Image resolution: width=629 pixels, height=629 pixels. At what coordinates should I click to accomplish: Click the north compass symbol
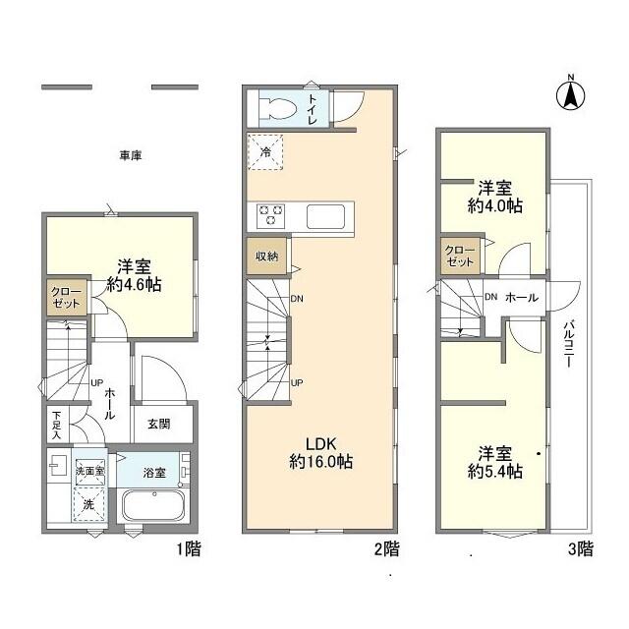570,94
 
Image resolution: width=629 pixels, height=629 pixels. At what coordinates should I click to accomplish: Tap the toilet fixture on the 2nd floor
277,107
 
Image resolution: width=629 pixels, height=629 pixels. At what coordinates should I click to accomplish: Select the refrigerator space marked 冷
265,152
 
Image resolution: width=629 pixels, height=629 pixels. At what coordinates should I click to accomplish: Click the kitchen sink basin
325,216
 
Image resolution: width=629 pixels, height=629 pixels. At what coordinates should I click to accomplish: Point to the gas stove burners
271,215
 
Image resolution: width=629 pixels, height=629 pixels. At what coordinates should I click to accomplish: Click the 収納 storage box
266,257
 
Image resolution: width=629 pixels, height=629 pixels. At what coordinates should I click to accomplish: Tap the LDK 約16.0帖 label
321,453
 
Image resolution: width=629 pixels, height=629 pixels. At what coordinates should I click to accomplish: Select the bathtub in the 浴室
153,505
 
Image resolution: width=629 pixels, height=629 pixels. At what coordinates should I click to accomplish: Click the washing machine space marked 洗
89,504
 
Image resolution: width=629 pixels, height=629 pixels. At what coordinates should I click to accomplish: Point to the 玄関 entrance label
159,424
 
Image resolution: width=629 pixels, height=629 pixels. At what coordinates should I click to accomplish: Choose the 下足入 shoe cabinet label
57,425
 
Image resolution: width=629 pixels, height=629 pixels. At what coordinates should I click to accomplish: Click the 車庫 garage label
131,155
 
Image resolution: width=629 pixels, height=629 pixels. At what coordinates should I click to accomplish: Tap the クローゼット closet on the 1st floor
66,297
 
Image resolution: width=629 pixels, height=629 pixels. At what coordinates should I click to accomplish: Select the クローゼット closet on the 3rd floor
460,256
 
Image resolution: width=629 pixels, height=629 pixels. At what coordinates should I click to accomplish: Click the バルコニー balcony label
568,344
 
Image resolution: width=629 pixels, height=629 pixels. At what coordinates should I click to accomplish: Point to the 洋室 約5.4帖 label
495,463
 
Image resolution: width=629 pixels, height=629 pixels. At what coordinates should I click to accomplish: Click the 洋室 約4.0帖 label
495,197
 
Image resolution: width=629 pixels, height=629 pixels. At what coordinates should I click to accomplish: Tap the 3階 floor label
581,548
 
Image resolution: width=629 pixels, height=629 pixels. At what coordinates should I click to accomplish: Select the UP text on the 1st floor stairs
96,383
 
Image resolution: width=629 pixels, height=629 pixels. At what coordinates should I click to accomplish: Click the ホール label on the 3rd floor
522,298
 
